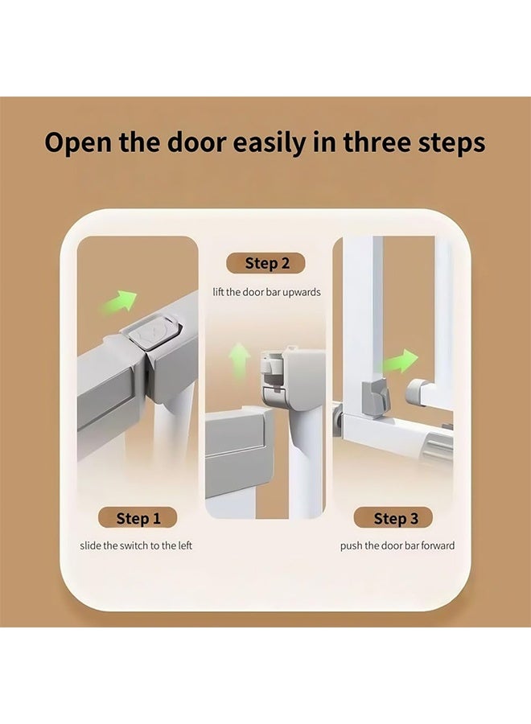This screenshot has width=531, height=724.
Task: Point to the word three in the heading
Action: click(x=377, y=143)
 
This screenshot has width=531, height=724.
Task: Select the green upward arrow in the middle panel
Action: click(x=238, y=356)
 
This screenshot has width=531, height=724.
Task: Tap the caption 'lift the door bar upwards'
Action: click(x=266, y=292)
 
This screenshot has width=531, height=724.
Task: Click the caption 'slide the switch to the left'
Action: click(x=136, y=545)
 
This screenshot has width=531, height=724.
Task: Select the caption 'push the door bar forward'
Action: click(x=397, y=545)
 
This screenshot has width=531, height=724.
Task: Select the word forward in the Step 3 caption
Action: click(x=436, y=545)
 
